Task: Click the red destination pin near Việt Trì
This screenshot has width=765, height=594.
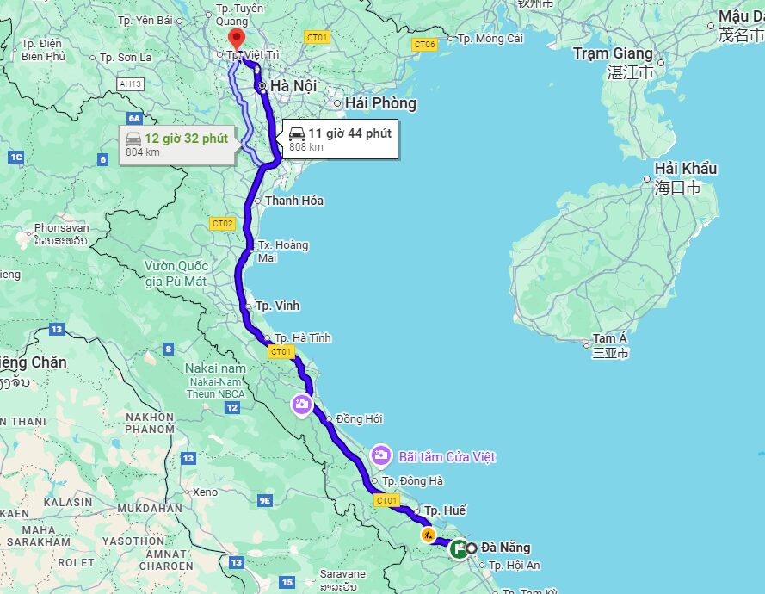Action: (x=235, y=39)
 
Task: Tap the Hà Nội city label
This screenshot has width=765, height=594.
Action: (x=293, y=86)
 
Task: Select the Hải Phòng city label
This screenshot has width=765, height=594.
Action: (x=380, y=103)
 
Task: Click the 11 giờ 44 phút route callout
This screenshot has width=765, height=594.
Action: (x=340, y=139)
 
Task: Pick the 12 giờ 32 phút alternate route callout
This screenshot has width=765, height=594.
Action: (x=178, y=144)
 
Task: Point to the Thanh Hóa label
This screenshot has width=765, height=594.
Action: (x=293, y=201)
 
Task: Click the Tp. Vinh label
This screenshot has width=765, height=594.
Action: (x=277, y=306)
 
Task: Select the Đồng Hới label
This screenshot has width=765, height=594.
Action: (x=359, y=419)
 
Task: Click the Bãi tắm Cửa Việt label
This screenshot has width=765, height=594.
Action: (x=447, y=456)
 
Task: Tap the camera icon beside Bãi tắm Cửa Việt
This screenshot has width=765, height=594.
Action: (x=381, y=455)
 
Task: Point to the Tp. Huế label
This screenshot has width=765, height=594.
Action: (x=445, y=510)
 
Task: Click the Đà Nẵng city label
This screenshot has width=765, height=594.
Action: (x=505, y=548)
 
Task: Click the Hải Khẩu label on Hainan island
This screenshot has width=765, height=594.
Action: (x=685, y=168)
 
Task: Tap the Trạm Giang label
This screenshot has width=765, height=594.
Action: (x=613, y=53)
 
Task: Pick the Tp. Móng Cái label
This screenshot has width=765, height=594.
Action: (x=490, y=39)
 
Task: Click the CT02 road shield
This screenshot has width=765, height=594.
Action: (x=222, y=224)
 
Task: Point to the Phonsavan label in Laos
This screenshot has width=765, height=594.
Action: (x=61, y=228)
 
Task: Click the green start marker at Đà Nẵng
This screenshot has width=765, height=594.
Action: (x=459, y=548)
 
